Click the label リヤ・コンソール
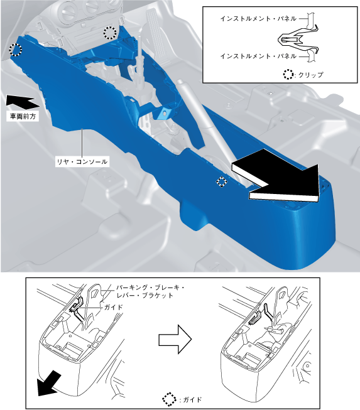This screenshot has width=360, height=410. (82, 162)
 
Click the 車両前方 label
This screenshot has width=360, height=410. (23, 116)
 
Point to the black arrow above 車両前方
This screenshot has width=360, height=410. (23, 102)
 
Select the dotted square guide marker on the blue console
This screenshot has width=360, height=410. (222, 181)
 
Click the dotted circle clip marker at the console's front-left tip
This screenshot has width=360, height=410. (16, 50)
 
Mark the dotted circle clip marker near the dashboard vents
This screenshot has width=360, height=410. (110, 33)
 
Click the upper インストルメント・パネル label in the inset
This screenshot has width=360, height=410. (258, 19)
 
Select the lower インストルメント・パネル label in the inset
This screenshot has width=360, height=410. (258, 57)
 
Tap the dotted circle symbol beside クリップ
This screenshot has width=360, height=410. (288, 75)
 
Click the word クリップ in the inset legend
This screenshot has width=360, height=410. (311, 75)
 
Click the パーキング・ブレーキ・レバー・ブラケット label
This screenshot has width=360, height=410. (150, 292)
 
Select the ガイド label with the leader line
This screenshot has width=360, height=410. (113, 307)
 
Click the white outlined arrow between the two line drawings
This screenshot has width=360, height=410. (175, 340)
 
